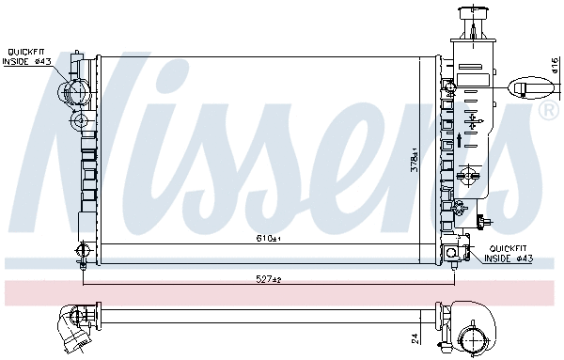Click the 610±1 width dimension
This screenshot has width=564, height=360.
pos(271,240)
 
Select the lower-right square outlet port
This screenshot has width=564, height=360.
pos(452,252)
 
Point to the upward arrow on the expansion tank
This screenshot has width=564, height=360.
pos(459,141)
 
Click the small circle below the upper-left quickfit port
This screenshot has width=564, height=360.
pos(79,121)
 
